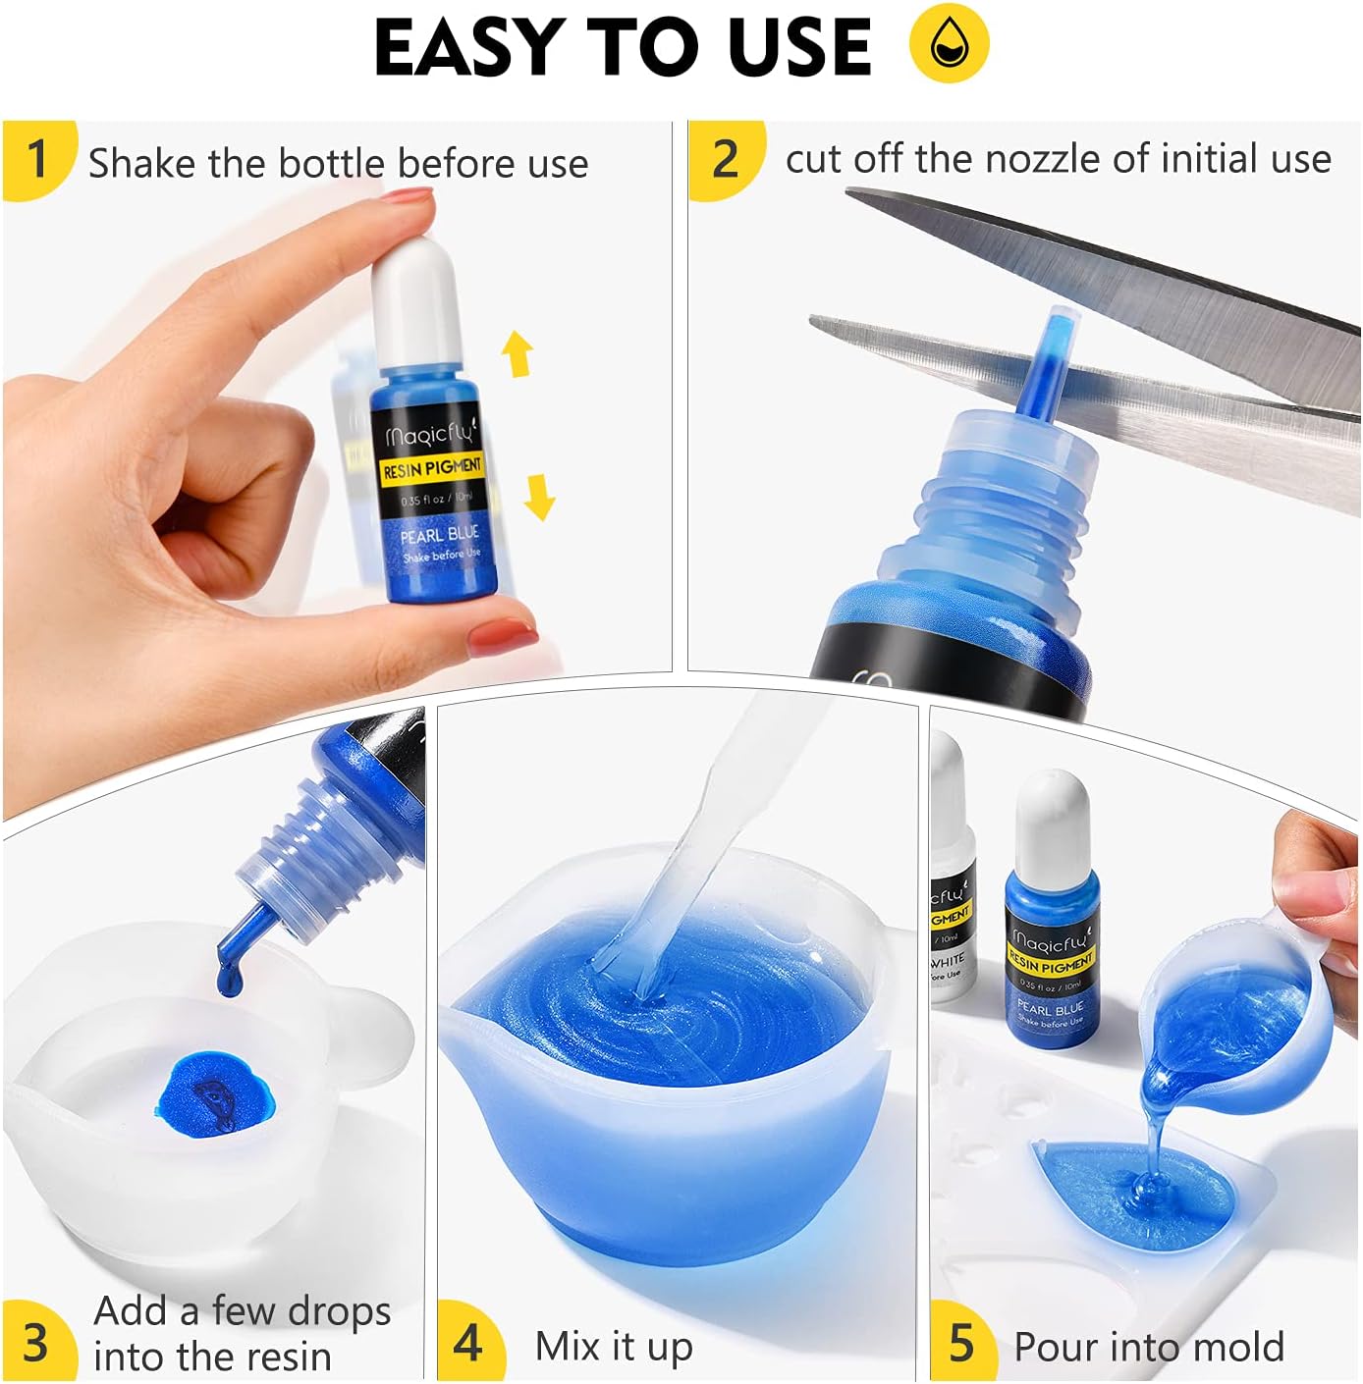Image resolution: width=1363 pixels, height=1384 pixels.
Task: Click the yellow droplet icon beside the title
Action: coord(949,43)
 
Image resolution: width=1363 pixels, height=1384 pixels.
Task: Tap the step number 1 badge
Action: coord(37,159)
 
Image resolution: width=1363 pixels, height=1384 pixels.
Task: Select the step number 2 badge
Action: coord(725,159)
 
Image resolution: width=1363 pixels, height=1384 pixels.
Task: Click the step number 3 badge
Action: coord(35,1341)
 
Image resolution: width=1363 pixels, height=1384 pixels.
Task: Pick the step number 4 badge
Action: coord(468,1341)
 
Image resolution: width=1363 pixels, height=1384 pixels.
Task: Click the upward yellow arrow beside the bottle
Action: coord(518,354)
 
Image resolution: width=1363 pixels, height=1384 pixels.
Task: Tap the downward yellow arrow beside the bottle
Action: coord(539,496)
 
